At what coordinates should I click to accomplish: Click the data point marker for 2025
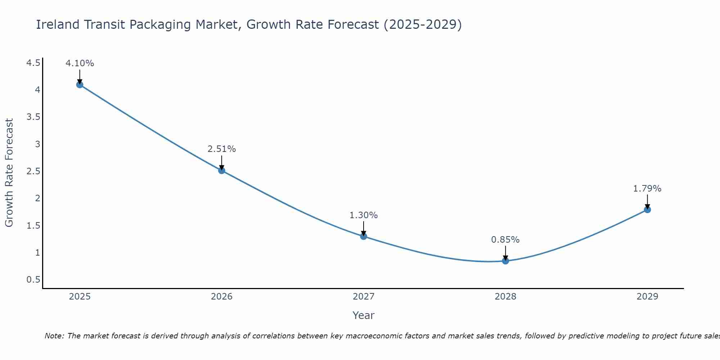click(80, 85)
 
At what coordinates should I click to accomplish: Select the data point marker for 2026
click(222, 171)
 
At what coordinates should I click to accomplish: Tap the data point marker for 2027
click(364, 237)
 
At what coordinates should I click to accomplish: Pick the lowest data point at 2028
click(505, 261)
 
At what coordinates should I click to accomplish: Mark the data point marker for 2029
click(647, 210)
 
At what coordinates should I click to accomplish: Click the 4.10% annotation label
click(80, 63)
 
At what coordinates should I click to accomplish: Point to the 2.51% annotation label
click(222, 149)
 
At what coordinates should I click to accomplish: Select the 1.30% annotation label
click(364, 215)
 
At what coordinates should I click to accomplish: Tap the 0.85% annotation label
click(505, 240)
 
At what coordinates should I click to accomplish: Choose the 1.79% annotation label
click(647, 189)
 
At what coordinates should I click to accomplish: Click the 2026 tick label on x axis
click(222, 297)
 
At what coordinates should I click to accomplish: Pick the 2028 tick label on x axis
click(505, 297)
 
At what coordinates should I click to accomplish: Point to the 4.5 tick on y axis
click(33, 63)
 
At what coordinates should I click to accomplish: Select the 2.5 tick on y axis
click(33, 171)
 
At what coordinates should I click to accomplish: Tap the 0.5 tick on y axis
click(33, 280)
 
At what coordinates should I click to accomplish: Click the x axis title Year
click(364, 315)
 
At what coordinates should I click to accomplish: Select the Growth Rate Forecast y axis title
click(9, 173)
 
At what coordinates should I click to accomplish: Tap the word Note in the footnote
click(54, 336)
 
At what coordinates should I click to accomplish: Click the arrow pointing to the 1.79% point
click(647, 202)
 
